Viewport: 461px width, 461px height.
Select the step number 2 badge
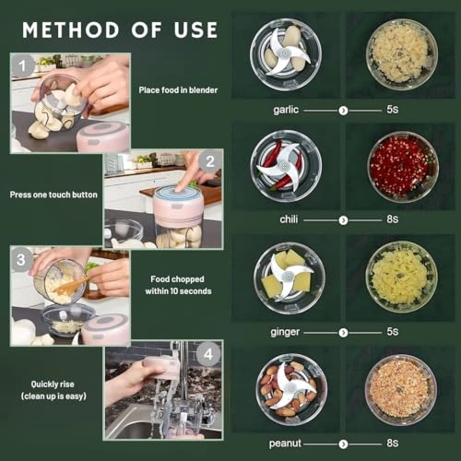pyautogui.click(x=209, y=160)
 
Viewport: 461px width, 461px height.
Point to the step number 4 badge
pyautogui.click(x=209, y=353)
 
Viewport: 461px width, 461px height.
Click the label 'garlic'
pyautogui.click(x=287, y=109)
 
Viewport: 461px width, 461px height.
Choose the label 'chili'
pyautogui.click(x=289, y=219)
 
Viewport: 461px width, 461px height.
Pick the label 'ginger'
pyautogui.click(x=287, y=331)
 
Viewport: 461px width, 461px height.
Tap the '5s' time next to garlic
pyautogui.click(x=392, y=109)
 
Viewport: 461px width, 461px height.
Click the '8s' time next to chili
pyautogui.click(x=392, y=219)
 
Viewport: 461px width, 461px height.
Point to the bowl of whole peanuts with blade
pyautogui.click(x=289, y=388)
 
